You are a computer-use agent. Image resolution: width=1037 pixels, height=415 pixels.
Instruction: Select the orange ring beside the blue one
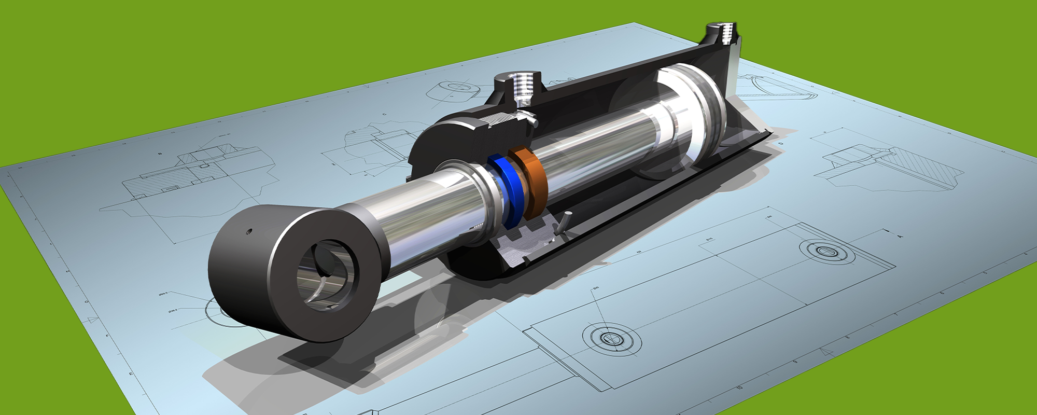click(529, 182)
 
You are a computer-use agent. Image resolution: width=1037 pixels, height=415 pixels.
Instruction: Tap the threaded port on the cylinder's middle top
click(518, 88)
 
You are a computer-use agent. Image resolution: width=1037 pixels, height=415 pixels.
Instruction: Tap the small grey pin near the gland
click(564, 221)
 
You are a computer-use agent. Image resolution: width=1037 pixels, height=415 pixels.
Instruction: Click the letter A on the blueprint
click(900, 236)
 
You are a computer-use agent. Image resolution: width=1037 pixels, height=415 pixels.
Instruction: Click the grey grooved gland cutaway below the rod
click(524, 244)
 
